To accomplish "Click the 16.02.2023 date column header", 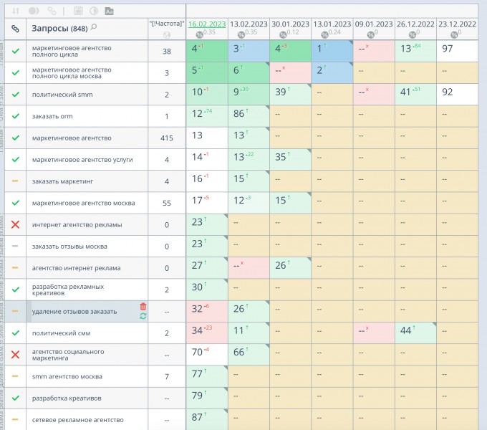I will pos(208,24).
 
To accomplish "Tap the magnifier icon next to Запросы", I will pos(94,27).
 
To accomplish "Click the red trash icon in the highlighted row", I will pos(143,307).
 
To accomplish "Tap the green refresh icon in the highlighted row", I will pos(143,316).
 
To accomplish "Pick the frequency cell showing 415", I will pos(167,138).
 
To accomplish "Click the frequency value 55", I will pos(167,203).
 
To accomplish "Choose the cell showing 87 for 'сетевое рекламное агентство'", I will pos(206,418).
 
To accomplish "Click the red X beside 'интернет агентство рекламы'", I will pos(15,224).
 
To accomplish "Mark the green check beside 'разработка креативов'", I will pos(15,397).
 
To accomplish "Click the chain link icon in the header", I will pos(15,29).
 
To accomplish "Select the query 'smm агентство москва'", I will pos(62,376).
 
